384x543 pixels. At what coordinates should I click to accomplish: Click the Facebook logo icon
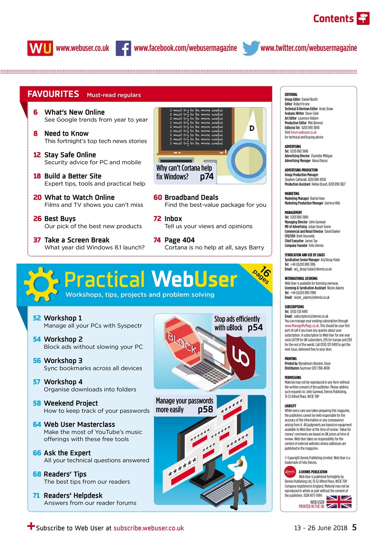pyautogui.click(x=123, y=48)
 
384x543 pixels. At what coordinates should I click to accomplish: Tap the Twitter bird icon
pyautogui.click(x=251, y=48)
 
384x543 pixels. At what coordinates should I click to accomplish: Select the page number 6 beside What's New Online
pyautogui.click(x=36, y=112)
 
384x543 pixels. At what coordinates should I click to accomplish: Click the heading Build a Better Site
pyautogui.click(x=73, y=176)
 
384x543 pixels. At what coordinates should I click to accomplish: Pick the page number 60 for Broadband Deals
pyautogui.click(x=157, y=198)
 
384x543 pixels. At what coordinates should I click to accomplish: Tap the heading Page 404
pyautogui.click(x=179, y=240)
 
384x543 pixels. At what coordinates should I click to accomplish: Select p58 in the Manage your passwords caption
pyautogui.click(x=205, y=410)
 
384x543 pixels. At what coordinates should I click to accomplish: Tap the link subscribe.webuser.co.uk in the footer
pyautogui.click(x=149, y=528)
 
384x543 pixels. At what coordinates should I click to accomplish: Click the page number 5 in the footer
pyautogui.click(x=354, y=528)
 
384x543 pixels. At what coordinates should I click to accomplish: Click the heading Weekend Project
pyautogui.click(x=70, y=403)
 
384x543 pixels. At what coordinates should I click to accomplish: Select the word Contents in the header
pyautogui.click(x=333, y=18)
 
